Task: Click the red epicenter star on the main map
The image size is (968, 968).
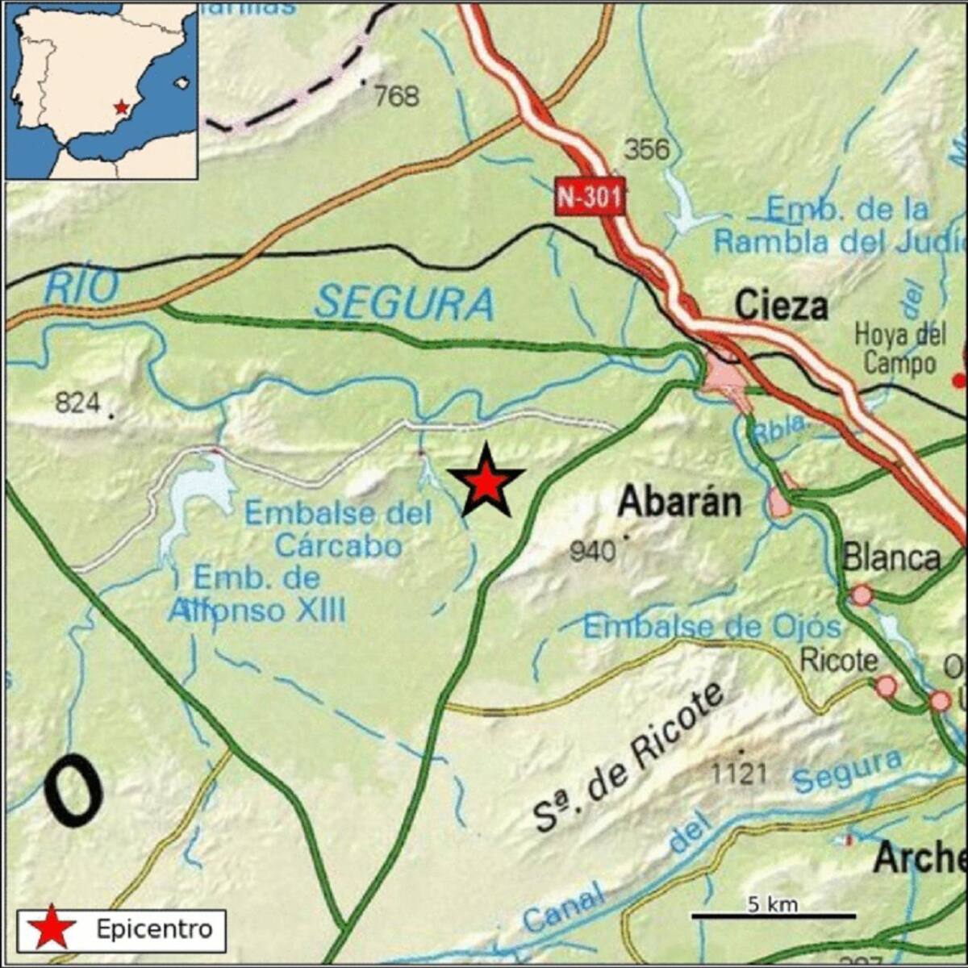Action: [x=486, y=482]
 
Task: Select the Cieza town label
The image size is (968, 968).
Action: [x=782, y=307]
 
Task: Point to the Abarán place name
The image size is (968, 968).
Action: [x=679, y=503]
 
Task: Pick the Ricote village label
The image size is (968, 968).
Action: [x=838, y=661]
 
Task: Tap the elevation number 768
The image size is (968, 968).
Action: [x=398, y=97]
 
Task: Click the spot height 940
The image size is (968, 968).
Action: [x=592, y=552]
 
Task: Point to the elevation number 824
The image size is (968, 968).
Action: [x=77, y=402]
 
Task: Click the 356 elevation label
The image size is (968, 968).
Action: [x=647, y=149]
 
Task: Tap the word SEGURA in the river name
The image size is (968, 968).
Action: [x=403, y=304]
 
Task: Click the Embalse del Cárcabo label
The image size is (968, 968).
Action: [x=339, y=529]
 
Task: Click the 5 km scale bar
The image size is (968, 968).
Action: [x=773, y=915]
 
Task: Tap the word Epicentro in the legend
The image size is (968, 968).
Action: [x=154, y=928]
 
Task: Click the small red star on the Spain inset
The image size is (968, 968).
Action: [x=121, y=106]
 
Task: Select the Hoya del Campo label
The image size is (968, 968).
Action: [x=899, y=348]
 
